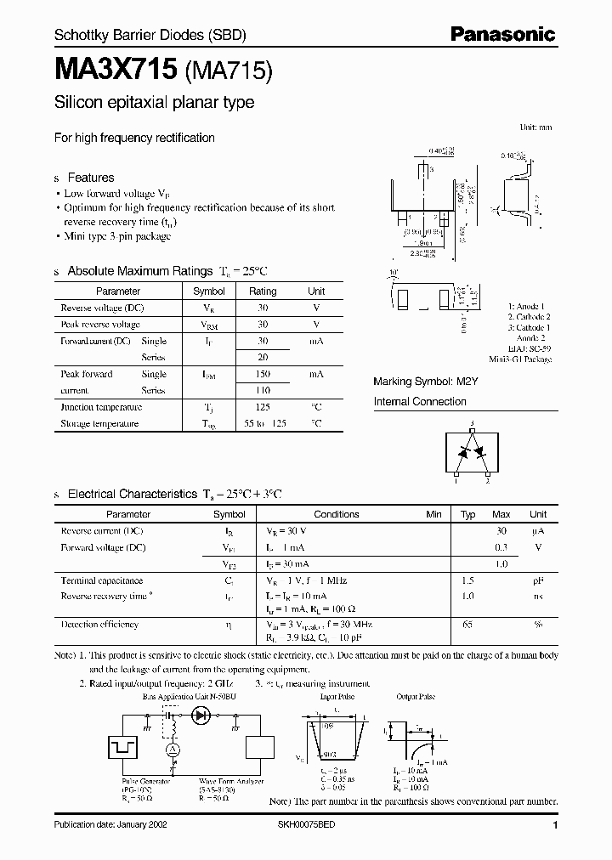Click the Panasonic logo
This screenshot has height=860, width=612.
pyautogui.click(x=501, y=35)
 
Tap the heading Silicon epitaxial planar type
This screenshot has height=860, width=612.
pyautogui.click(x=154, y=103)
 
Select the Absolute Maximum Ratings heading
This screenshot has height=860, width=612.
pyautogui.click(x=139, y=271)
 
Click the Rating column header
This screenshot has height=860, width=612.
pyautogui.click(x=263, y=291)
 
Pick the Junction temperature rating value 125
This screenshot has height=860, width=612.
pyautogui.click(x=263, y=407)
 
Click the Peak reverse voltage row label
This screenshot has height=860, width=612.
pyautogui.click(x=100, y=325)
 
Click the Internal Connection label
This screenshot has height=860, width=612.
pyautogui.click(x=420, y=402)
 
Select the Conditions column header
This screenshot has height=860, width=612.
pyautogui.click(x=337, y=514)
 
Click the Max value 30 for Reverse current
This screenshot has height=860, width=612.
pyautogui.click(x=501, y=531)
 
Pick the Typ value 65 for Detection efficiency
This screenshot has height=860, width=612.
pyautogui.click(x=467, y=625)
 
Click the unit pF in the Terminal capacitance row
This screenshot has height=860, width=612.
pyautogui.click(x=537, y=580)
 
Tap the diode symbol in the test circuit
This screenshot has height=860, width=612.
pyautogui.click(x=202, y=716)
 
